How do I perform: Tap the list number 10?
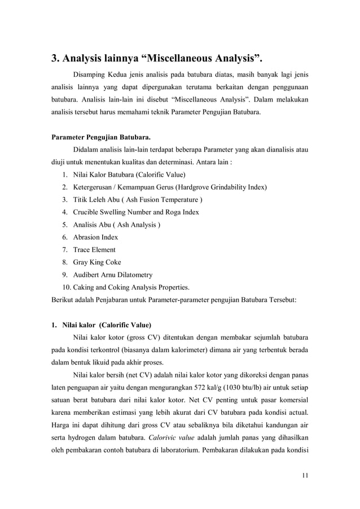[65, 287]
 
